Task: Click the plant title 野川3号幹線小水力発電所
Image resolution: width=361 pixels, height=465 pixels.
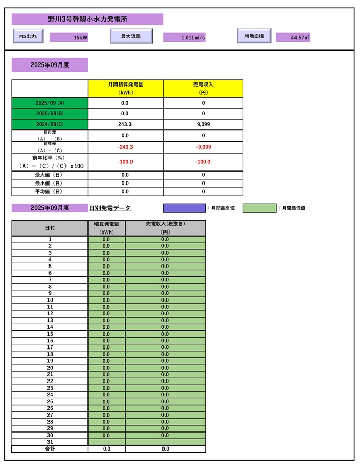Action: point(88,19)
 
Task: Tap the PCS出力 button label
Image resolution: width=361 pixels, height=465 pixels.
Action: point(28,36)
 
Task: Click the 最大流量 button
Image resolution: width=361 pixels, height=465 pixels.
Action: point(132,36)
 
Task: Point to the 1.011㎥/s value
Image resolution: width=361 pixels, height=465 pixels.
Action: point(185,38)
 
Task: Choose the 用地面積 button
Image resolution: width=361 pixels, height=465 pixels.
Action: point(254,36)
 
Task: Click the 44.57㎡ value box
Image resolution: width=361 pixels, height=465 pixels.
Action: point(293,38)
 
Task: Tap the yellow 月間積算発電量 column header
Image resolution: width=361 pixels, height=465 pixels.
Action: point(126,88)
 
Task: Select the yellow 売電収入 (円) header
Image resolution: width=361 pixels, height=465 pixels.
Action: point(203,88)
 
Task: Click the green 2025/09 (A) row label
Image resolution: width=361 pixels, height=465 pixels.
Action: point(50,103)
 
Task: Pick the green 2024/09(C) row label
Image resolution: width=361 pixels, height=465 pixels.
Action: point(50,124)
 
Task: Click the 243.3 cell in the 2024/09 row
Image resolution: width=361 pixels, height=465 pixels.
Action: point(125,124)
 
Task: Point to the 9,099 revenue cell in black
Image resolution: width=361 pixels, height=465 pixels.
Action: point(203,124)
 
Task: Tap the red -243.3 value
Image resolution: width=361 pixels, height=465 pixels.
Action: point(125,147)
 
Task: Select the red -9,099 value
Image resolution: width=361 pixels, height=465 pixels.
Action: point(203,147)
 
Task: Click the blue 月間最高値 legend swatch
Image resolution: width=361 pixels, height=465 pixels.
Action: point(184,208)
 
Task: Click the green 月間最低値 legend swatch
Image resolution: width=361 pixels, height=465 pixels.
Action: point(259,208)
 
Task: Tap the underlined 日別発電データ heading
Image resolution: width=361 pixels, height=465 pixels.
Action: point(110,208)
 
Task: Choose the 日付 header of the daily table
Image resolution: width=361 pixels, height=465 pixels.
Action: point(50,228)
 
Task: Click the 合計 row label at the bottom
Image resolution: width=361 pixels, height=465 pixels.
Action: point(50,449)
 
